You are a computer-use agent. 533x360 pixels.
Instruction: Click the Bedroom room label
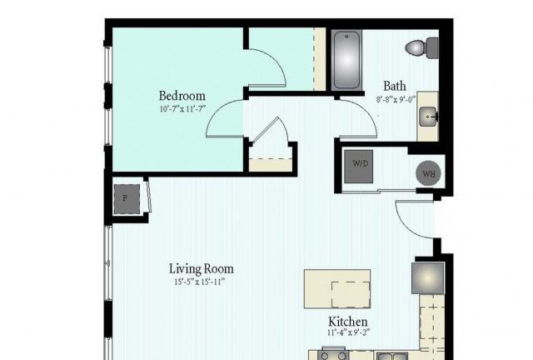(x=182, y=96)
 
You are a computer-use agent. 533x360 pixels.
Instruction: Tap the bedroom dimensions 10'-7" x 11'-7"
(x=182, y=109)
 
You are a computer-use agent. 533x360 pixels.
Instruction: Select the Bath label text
(x=395, y=86)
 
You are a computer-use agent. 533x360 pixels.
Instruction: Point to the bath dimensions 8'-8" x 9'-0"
(x=396, y=100)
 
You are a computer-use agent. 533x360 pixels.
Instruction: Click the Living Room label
(x=202, y=269)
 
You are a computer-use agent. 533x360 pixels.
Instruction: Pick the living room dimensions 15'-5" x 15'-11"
(x=200, y=282)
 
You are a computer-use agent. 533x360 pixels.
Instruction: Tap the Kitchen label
(x=348, y=322)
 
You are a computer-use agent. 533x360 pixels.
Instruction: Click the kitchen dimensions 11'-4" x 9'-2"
(x=348, y=332)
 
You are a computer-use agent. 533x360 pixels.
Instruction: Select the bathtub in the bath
(x=346, y=61)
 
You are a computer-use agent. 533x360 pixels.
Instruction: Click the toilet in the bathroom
(x=422, y=47)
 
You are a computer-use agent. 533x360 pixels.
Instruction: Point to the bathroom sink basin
(x=428, y=117)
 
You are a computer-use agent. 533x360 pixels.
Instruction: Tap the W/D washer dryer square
(x=359, y=167)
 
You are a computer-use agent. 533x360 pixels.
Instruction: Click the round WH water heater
(x=429, y=173)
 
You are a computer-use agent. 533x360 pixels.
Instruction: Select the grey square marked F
(x=127, y=199)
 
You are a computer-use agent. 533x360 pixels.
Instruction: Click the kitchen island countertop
(x=337, y=289)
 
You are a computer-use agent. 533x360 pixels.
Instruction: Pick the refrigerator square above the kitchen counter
(x=428, y=278)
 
